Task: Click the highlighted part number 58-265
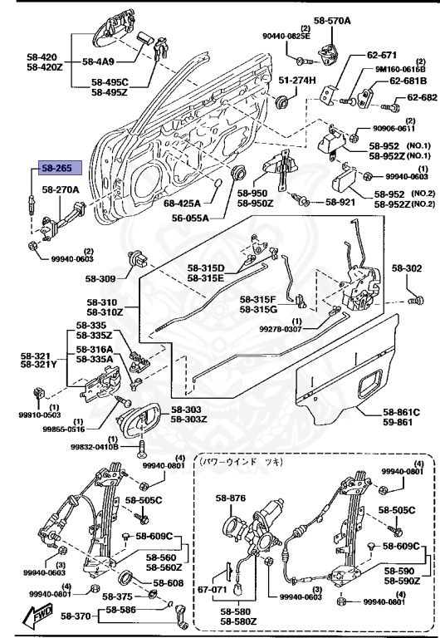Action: tap(57, 169)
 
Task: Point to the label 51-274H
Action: tap(297, 80)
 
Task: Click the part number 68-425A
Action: tap(183, 202)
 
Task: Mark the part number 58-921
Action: tap(340, 201)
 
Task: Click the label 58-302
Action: tap(407, 268)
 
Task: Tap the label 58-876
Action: tap(232, 498)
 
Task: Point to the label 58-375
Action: tap(118, 596)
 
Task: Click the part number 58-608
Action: tap(171, 584)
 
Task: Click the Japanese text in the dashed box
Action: tap(242, 459)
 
